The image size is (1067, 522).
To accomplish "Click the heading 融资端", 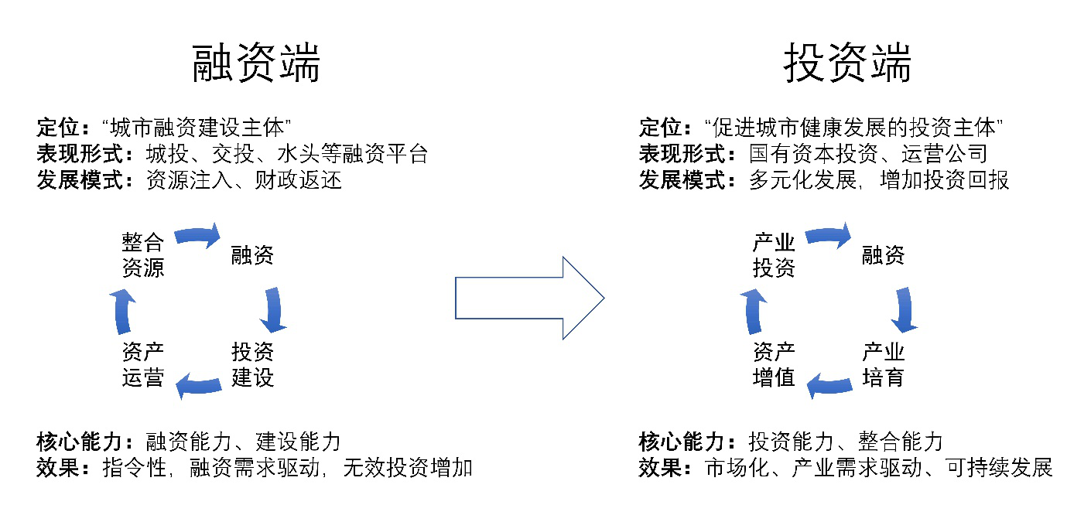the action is point(256,63).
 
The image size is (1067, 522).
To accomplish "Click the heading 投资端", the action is point(847,63).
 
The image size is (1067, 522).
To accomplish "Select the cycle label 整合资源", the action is point(143,254).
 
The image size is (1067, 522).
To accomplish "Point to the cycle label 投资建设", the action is point(252,365).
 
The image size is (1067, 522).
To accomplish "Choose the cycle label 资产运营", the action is point(143,365).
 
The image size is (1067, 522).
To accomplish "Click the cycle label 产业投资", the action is point(774,254).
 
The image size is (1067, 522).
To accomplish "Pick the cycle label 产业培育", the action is point(884,365).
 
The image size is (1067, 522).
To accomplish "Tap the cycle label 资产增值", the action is point(774,365).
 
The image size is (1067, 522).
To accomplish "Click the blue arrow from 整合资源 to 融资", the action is point(197,235).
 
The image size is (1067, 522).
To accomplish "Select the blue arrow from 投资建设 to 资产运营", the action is point(198,385).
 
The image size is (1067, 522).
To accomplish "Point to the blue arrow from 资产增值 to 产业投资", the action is point(753,312).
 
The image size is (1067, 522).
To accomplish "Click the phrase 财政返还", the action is point(298,180).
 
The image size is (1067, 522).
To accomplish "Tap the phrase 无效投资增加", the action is point(408,468).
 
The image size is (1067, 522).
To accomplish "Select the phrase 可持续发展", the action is point(999,468).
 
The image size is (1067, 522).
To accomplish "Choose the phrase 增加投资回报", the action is point(944,180).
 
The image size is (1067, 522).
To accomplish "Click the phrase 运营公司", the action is point(944,154).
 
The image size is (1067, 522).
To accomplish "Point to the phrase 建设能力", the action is point(298,442).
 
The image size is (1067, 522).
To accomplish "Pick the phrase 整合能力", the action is point(901,442).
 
